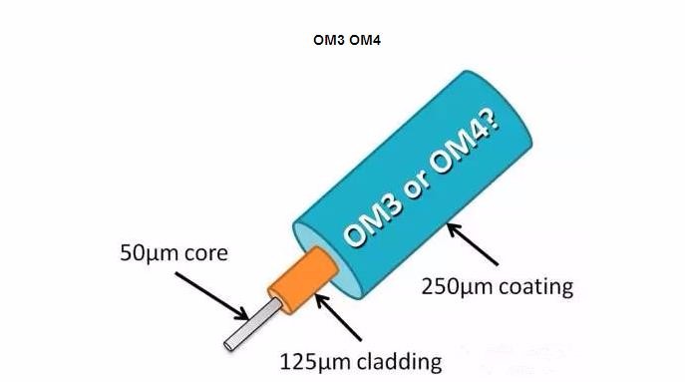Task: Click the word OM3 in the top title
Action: (327, 45)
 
